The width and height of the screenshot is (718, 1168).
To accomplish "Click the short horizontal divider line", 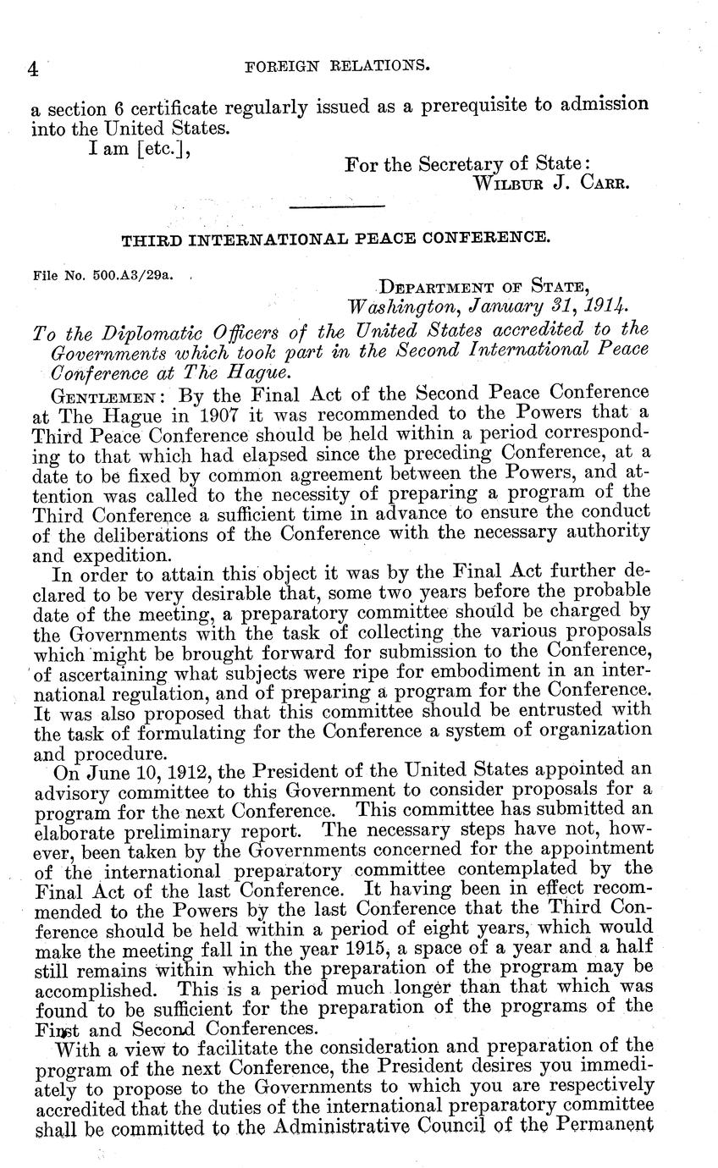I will click(337, 206).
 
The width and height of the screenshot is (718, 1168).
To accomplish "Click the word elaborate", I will click(73, 832).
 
